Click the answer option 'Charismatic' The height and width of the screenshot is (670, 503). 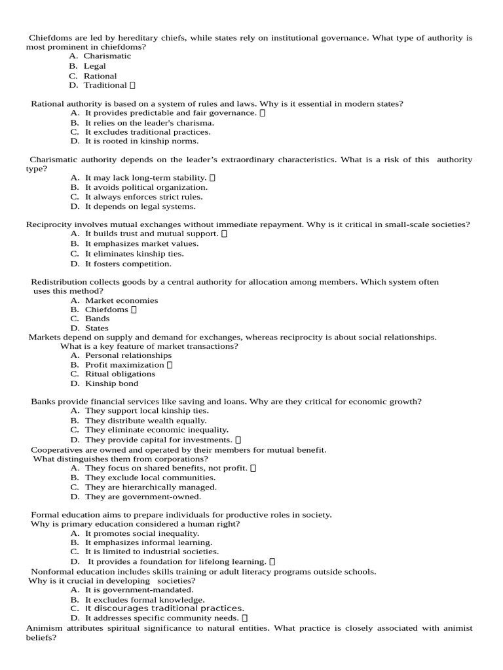point(107,56)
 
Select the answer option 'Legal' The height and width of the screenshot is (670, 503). point(94,66)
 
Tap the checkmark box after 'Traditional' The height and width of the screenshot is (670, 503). point(133,85)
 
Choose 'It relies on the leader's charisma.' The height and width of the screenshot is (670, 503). point(149,122)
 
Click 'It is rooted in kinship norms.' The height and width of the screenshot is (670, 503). point(141,141)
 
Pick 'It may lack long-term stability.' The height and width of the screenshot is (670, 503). point(145,177)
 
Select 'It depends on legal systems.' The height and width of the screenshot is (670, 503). point(140,206)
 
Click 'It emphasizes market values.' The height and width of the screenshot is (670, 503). point(141,243)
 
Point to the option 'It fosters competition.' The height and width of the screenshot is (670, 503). point(128,264)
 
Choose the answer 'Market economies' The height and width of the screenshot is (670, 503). point(121,300)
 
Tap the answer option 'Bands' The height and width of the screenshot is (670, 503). point(98,319)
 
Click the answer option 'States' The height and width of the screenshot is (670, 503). point(97,328)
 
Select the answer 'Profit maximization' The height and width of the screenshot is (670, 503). point(124,364)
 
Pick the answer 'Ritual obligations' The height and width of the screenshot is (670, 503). point(121,374)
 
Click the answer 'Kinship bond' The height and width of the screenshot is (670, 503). point(111,383)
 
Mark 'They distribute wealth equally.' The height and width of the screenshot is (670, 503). point(145,421)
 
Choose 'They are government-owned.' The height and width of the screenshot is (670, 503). point(143,497)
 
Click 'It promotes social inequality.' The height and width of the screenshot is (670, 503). point(142,533)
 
